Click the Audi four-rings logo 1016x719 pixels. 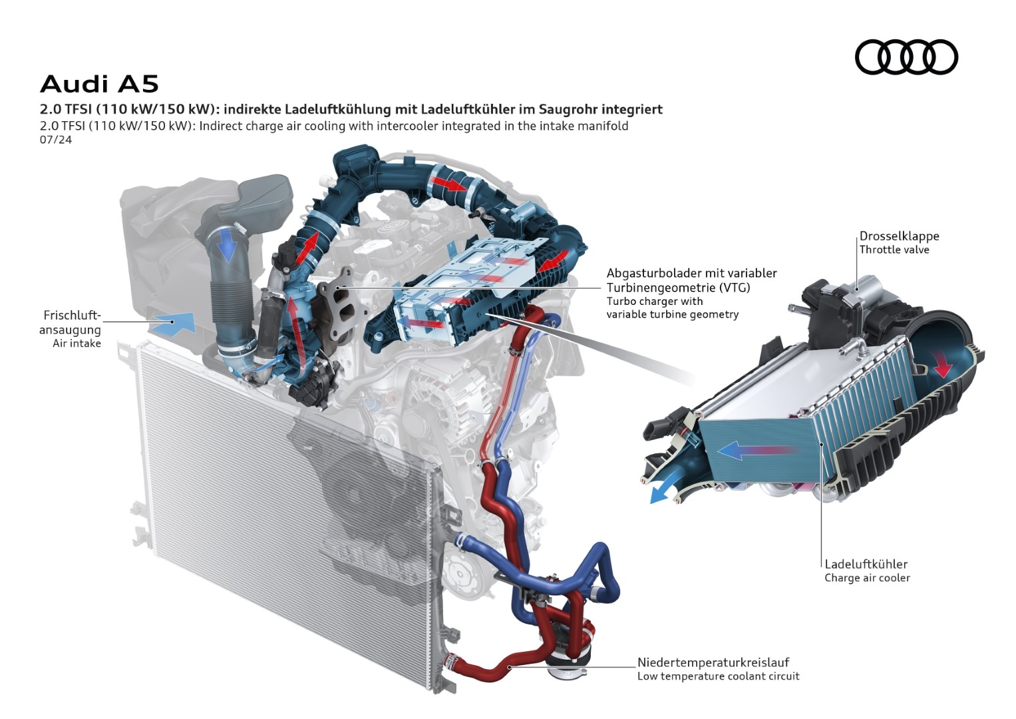[906, 57]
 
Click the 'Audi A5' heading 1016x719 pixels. [99, 84]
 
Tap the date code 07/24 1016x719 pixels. [56, 140]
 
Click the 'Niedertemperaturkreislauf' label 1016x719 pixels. [713, 662]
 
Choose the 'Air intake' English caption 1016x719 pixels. [77, 343]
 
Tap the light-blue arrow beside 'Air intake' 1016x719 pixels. [173, 323]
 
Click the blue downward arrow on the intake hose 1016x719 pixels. [227, 246]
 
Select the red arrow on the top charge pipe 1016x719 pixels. [449, 183]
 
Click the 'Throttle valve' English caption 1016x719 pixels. [894, 250]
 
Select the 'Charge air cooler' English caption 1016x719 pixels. [867, 578]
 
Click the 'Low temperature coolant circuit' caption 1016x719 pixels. [719, 676]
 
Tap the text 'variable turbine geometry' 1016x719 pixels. [673, 314]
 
